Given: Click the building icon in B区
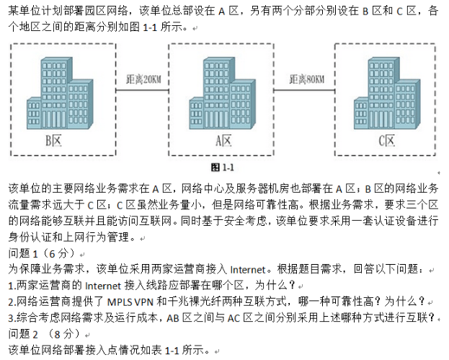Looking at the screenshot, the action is (x=60, y=93).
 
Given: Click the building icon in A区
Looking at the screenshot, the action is (x=222, y=93).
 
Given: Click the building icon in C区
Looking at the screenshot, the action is (x=387, y=93).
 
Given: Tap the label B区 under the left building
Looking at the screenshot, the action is (x=53, y=141).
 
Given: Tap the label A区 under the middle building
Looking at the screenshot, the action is (x=223, y=141).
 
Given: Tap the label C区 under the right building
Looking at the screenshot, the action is (x=386, y=141).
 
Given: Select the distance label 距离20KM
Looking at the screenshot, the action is (x=143, y=79).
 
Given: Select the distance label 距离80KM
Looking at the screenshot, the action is (x=307, y=79).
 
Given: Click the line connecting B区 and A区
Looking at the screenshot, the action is (x=142, y=91).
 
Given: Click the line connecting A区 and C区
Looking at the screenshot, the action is (x=304, y=91).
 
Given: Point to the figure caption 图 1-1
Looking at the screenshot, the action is (x=222, y=167).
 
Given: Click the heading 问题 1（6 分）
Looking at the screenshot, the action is (x=43, y=253).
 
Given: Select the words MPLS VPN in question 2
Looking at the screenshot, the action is (x=130, y=302).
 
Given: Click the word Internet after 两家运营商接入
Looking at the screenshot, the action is (x=248, y=270).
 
